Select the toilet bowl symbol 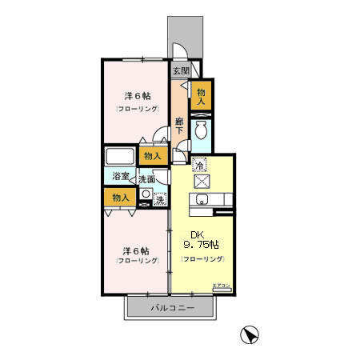coord(202,129)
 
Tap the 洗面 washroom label coord(146,180)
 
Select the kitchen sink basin coord(202,200)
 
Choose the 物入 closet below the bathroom coord(119,197)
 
